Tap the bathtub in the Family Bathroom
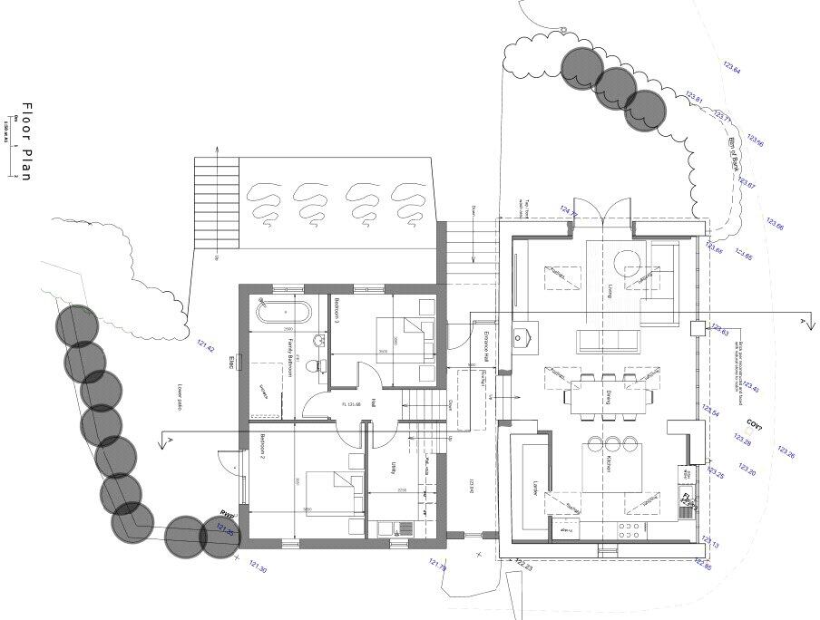click(285, 313)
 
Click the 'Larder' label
click(536, 489)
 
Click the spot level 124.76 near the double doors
click(569, 211)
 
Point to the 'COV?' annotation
click(754, 424)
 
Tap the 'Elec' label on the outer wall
click(232, 364)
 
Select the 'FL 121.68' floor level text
click(351, 404)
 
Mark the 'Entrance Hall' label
click(486, 347)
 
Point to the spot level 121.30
click(258, 567)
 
